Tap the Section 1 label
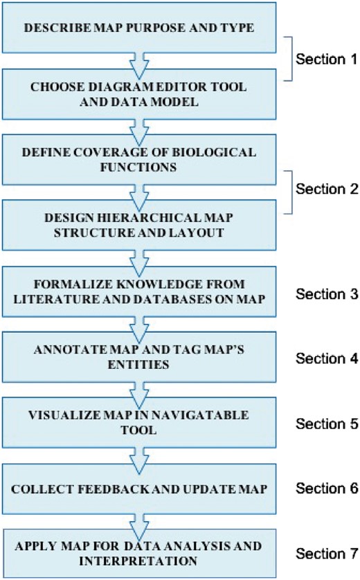click(326, 59)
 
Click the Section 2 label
click(326, 189)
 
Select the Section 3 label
click(326, 294)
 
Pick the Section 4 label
click(326, 359)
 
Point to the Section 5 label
click(326, 424)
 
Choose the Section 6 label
click(326, 488)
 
